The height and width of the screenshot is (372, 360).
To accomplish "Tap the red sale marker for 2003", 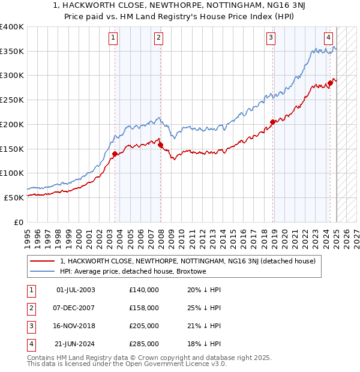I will point(115,154).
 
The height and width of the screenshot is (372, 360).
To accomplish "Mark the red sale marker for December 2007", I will point(161,145).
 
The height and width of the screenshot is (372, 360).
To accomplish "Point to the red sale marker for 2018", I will point(272,122).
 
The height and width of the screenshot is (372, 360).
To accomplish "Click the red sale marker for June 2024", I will point(330,83).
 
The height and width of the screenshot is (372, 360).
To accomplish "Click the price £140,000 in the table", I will point(143,290).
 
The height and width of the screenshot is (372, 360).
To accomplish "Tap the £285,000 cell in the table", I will point(143,344).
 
